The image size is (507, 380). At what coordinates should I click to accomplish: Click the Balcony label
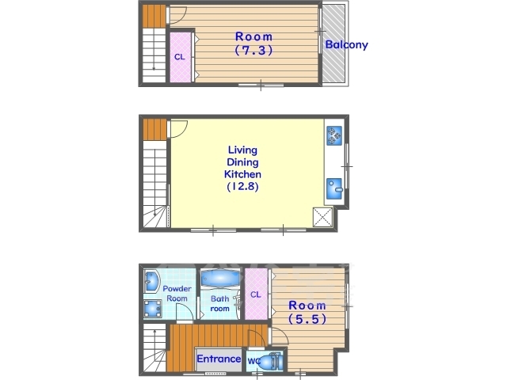[346, 44]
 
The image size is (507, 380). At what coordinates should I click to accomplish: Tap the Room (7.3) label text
[253, 44]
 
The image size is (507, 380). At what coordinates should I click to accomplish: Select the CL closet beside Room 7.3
[180, 57]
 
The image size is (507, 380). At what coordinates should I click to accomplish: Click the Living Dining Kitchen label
[242, 168]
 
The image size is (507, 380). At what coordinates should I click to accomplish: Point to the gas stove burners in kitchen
[334, 135]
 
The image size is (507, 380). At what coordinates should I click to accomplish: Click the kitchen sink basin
[334, 188]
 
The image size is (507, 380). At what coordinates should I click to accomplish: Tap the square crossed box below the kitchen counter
[322, 217]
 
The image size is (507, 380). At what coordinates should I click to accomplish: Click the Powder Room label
[177, 294]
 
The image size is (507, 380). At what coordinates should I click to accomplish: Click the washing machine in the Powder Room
[152, 309]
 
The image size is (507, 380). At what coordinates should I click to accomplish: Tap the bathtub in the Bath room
[220, 279]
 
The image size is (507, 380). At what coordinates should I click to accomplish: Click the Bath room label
[220, 303]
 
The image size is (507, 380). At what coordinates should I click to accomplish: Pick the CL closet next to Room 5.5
[256, 294]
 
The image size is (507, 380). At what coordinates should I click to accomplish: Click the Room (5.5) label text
[307, 312]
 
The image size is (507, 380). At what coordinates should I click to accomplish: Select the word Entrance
[219, 359]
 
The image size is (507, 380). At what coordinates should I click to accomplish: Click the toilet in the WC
[271, 362]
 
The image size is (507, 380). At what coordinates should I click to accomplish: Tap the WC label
[253, 361]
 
